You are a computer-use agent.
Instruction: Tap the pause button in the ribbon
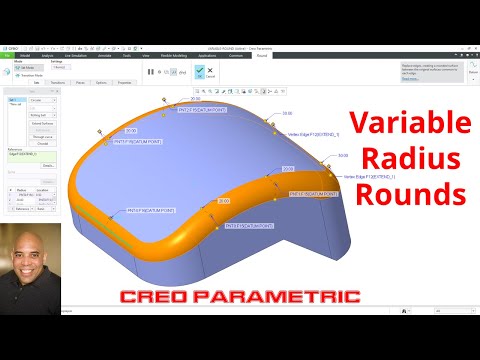(x=151, y=71)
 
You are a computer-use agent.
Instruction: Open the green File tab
(x=7, y=56)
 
